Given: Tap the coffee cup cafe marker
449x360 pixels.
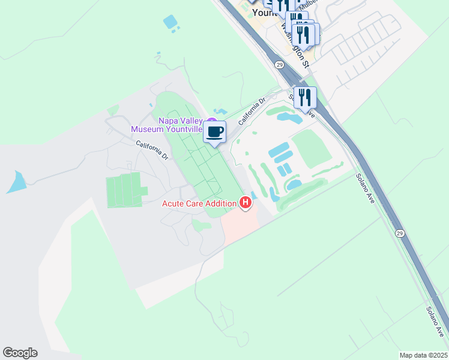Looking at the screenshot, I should click(x=215, y=132).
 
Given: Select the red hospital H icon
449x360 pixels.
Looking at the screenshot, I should click(x=245, y=203).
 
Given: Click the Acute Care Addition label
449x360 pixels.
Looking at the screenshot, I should click(x=199, y=203).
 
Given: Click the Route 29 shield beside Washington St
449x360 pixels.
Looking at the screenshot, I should click(x=280, y=64).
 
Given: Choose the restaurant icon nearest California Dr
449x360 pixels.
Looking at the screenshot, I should click(x=305, y=97).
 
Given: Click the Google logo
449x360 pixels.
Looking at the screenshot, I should click(x=20, y=353).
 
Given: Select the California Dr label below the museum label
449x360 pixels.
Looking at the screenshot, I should click(x=151, y=149).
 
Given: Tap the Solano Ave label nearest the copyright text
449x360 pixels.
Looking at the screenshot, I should click(x=436, y=321).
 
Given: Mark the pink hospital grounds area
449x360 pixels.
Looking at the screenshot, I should click(x=239, y=224).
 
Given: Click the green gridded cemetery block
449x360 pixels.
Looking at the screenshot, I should click(x=124, y=190).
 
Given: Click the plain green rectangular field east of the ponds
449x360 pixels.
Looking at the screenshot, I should click(x=312, y=148).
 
